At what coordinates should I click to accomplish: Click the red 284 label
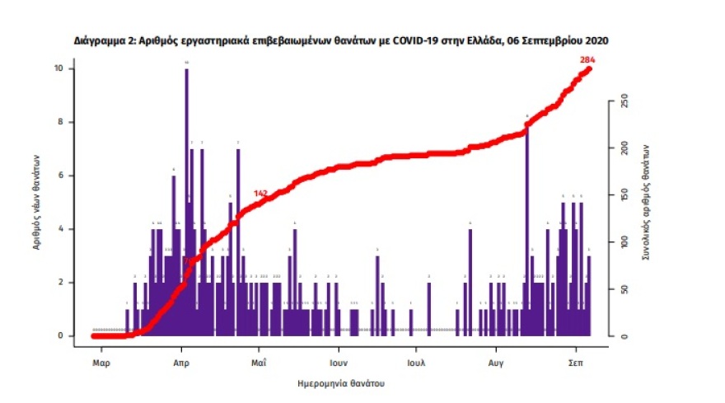coord(587,59)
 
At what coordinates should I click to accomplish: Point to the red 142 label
coord(261,194)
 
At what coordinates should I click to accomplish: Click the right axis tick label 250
coord(625,101)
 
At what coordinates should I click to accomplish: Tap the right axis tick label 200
coord(625,148)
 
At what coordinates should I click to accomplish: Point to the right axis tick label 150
coord(625,195)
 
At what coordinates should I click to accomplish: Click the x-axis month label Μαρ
coord(101,362)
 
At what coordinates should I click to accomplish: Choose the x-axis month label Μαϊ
coord(259,362)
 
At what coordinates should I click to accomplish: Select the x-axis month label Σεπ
coord(576,362)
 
